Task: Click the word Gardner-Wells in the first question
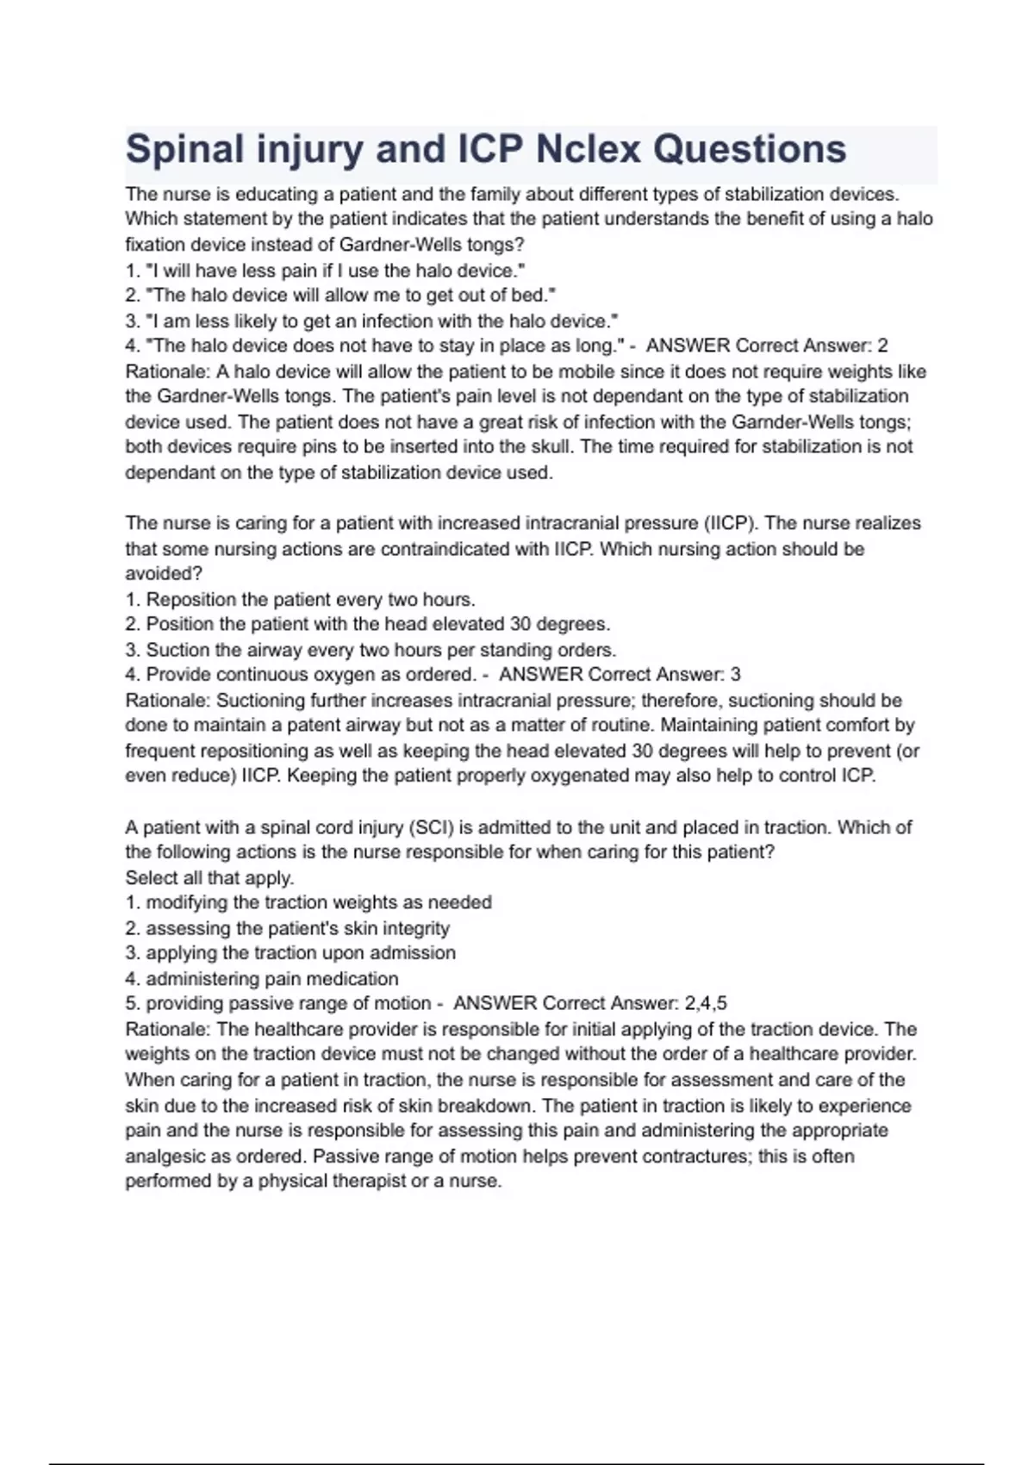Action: [x=402, y=244]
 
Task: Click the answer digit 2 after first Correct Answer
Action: [x=881, y=346]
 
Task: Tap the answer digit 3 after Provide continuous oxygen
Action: [x=735, y=675]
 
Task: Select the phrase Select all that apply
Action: [x=209, y=878]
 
